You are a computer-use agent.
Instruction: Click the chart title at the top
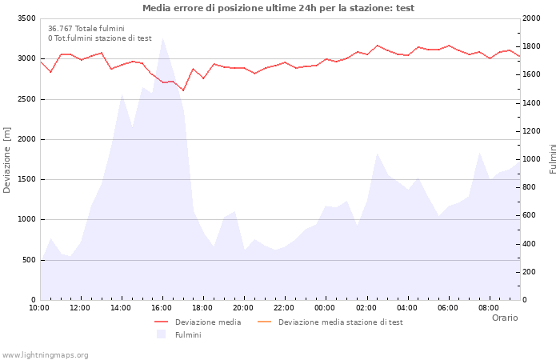point(278,8)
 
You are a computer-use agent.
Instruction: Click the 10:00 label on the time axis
point(39,307)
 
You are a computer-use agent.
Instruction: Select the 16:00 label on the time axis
point(162,307)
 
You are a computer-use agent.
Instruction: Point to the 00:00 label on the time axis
point(326,307)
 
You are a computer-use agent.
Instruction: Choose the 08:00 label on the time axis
point(489,307)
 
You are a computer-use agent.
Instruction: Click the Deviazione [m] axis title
point(7,160)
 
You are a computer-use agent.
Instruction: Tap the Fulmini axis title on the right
point(553,158)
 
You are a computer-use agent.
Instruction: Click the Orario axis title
point(505,318)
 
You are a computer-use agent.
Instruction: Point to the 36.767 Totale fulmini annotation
point(86,29)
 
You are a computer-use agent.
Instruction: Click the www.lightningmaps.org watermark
point(46,354)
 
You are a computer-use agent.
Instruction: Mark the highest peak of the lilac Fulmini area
point(162,38)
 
